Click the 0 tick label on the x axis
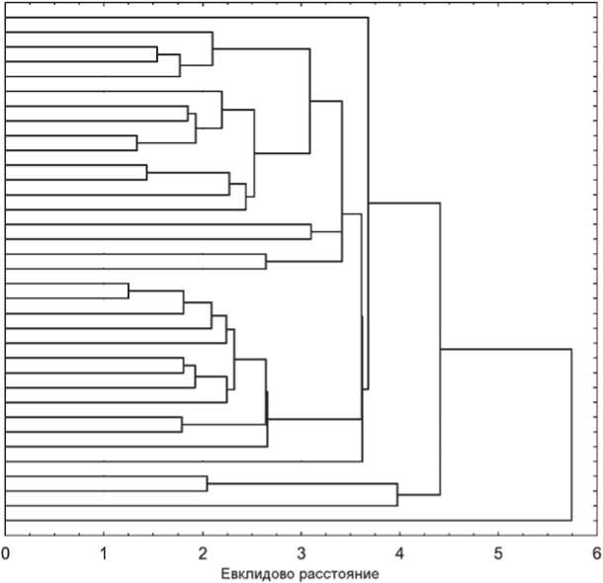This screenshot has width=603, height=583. (x=6, y=552)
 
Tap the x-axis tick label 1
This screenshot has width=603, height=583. (x=104, y=552)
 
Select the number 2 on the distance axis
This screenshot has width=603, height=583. (x=203, y=552)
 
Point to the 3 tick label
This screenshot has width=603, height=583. (x=301, y=552)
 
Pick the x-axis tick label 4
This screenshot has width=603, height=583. (x=399, y=552)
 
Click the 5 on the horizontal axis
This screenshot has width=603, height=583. (x=498, y=552)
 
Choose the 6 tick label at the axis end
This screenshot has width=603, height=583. (x=595, y=552)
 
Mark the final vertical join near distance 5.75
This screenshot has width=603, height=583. (x=571, y=435)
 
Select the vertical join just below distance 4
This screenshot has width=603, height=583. (x=397, y=495)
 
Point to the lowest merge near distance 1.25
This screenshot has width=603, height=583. (x=129, y=291)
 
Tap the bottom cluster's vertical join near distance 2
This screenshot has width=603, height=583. (x=207, y=483)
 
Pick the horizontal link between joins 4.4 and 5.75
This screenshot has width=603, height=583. (x=505, y=350)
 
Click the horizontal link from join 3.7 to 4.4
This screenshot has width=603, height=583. (x=403, y=204)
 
